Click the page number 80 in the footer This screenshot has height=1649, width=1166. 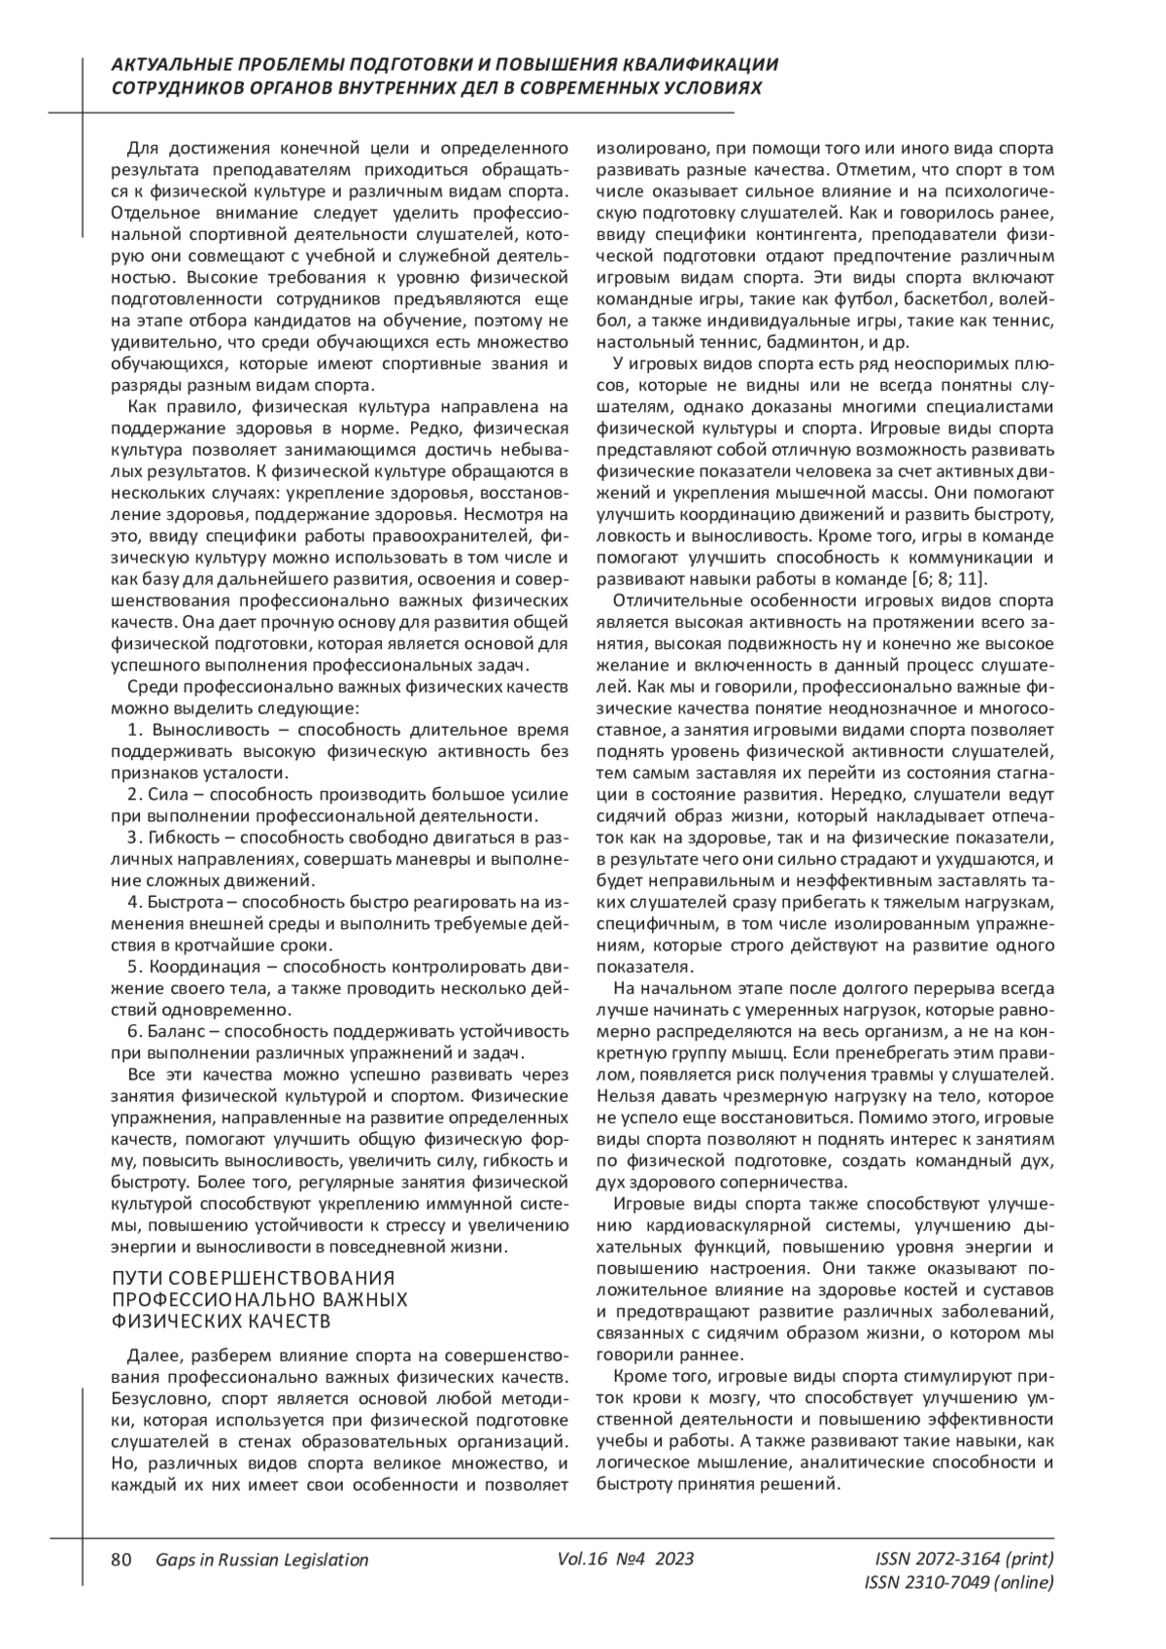[120, 1560]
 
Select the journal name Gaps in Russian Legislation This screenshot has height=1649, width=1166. [261, 1560]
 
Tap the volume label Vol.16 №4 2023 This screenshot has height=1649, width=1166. [626, 1559]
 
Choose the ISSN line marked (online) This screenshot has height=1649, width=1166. [958, 1583]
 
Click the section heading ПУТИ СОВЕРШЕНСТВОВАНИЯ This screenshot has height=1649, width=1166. [254, 1278]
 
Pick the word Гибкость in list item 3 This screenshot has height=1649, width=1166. [186, 838]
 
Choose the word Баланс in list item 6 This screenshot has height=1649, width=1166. [176, 1032]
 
